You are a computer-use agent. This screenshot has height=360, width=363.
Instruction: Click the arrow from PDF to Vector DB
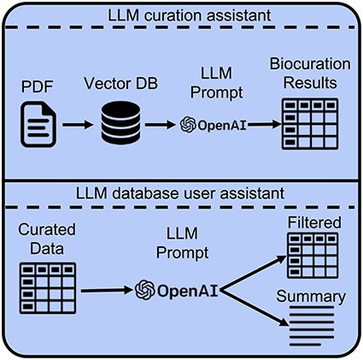click(79, 125)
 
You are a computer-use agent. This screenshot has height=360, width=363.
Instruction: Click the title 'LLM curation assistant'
click(181, 15)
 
